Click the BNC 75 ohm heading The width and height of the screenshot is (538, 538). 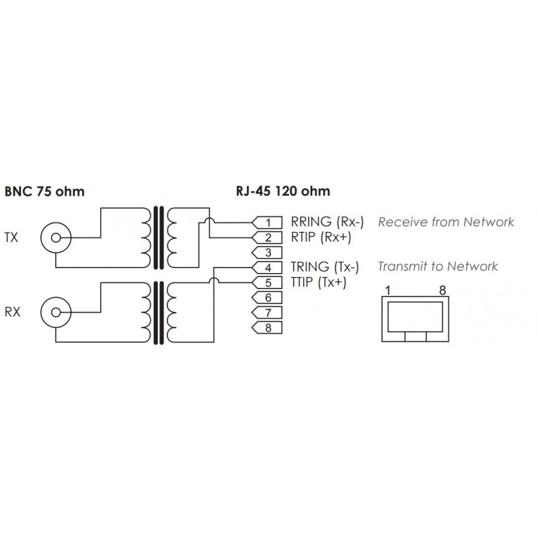45,191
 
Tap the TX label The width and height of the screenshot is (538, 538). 11,237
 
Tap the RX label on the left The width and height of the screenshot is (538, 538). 12,311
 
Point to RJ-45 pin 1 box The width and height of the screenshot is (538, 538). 267,222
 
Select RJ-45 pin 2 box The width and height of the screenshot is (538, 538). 267,237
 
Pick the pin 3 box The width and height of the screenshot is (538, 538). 267,252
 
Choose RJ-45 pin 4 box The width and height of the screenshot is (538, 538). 267,268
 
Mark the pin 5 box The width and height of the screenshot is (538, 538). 267,282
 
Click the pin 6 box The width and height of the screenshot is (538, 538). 267,297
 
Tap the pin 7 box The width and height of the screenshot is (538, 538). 267,313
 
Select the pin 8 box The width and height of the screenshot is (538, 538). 267,328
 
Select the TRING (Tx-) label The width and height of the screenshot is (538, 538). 325,267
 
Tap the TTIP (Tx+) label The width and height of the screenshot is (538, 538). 318,282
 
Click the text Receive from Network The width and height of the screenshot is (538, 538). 446,222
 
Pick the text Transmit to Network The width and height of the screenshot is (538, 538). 438,267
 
